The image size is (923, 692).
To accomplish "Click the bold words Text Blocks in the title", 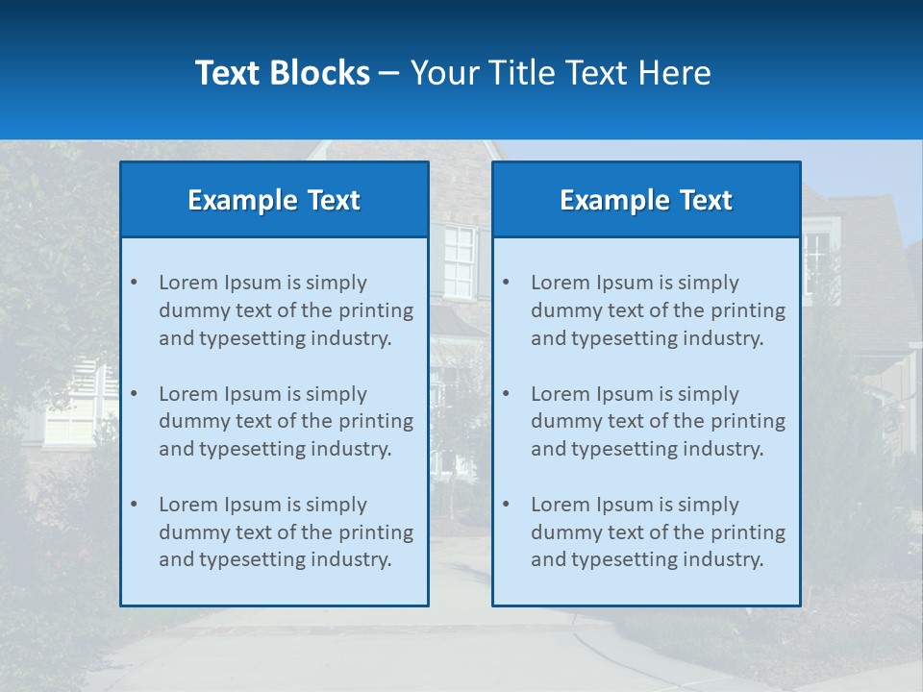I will point(282,73).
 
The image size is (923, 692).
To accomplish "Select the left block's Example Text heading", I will point(274,200).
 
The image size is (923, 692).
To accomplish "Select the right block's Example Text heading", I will point(646,200).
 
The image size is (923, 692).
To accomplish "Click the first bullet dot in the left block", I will point(134,283).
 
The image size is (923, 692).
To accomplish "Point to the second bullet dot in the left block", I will point(134,394).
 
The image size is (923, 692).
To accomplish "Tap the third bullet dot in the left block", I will point(134,505).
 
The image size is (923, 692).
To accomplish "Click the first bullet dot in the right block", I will point(506,283).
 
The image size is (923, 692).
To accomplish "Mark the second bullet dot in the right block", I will point(506,394).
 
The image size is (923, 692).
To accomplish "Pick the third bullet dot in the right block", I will point(506,505).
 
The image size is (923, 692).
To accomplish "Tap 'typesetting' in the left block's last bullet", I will point(250,560).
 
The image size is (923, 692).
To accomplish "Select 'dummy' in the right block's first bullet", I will point(562,310).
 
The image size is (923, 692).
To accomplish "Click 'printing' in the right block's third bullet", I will point(748,532).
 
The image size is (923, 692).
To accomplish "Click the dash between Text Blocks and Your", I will point(389,73).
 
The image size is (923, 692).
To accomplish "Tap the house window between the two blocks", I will point(460,261).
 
